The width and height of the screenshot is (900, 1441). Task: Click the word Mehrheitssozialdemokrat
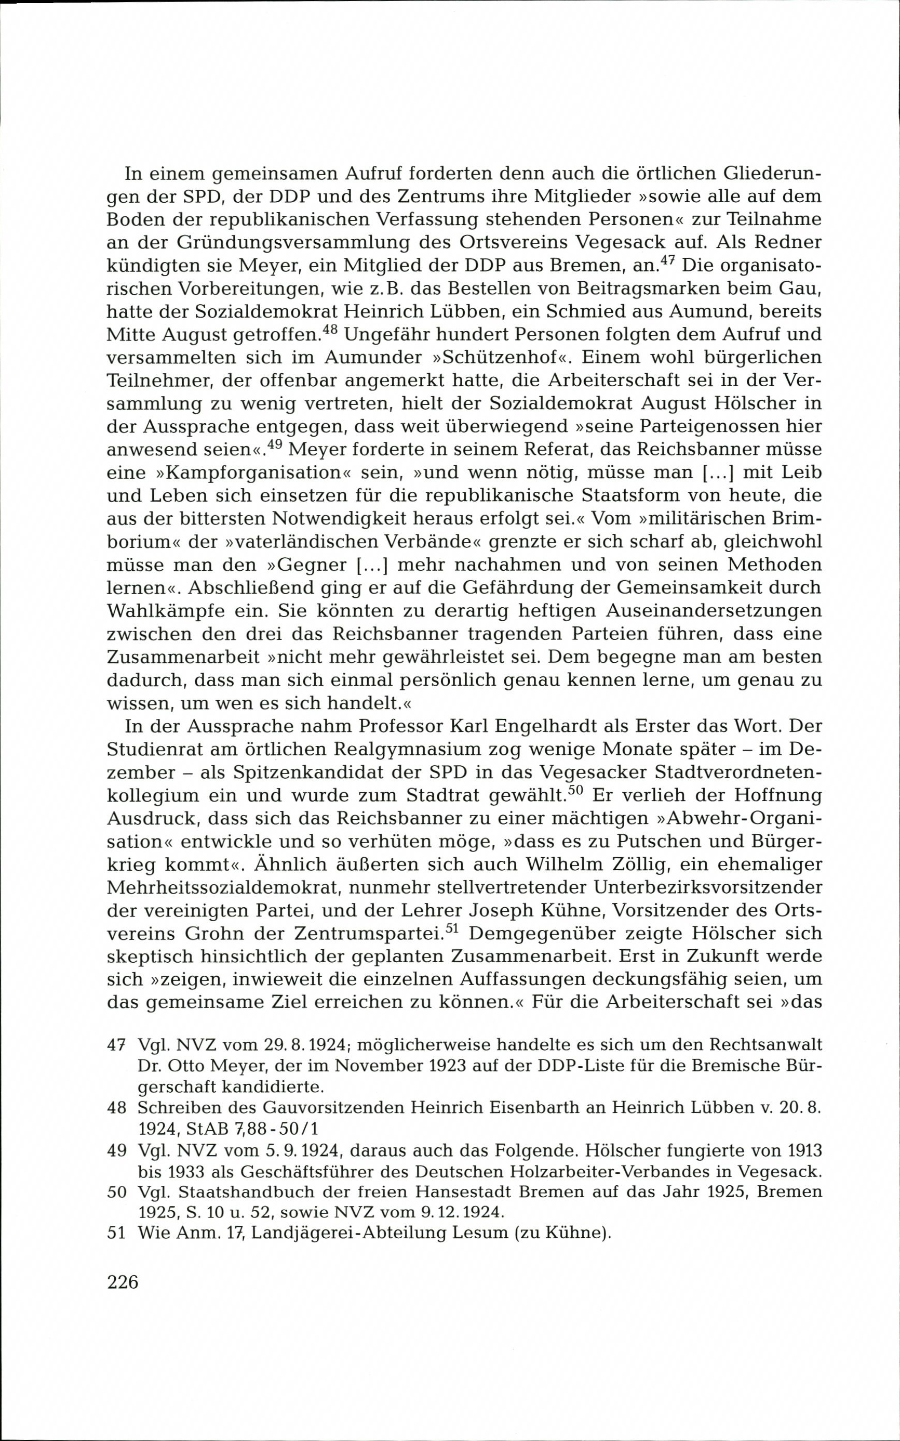click(x=223, y=887)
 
